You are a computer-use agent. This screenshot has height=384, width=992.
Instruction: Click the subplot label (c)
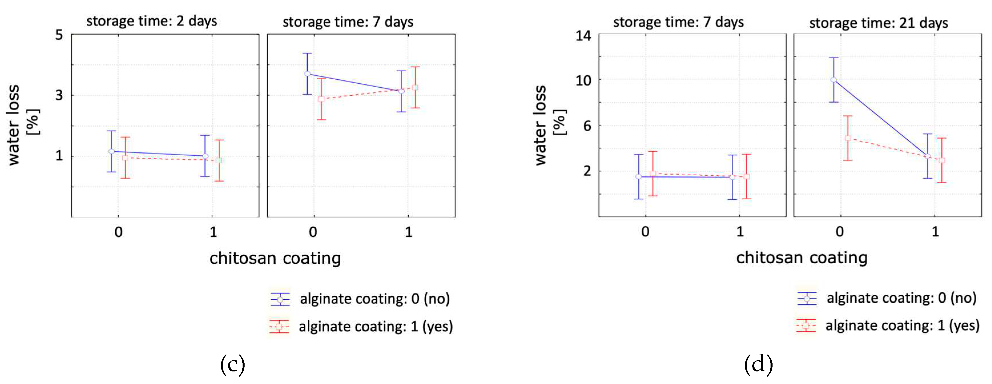[232, 364]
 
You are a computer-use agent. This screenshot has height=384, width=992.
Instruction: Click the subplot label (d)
[758, 364]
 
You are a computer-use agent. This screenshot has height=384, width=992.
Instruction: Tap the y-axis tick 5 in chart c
[59, 35]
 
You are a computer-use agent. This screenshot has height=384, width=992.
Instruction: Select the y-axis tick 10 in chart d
[583, 81]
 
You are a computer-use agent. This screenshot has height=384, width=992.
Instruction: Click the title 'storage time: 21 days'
[878, 23]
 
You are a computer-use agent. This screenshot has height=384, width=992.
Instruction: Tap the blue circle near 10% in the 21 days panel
[833, 80]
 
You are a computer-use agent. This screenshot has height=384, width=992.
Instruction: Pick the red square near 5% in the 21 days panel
[848, 138]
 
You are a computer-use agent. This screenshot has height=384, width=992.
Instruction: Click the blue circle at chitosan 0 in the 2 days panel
[111, 151]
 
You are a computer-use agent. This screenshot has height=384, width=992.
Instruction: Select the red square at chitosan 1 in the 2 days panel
[219, 160]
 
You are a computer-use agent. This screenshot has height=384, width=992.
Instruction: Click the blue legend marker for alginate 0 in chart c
[280, 299]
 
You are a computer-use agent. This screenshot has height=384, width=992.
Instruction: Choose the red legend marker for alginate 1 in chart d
[805, 325]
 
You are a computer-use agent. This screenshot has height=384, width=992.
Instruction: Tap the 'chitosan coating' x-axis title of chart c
[275, 258]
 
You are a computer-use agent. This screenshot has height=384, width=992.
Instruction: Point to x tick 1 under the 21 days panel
[935, 232]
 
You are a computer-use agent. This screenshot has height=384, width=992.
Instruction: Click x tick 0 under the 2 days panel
[119, 232]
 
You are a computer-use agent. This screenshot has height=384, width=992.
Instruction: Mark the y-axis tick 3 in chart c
[59, 95]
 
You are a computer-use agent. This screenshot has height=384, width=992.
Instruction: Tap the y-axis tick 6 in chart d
[587, 126]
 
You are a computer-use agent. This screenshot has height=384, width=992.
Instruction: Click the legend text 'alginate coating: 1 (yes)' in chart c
[376, 327]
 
